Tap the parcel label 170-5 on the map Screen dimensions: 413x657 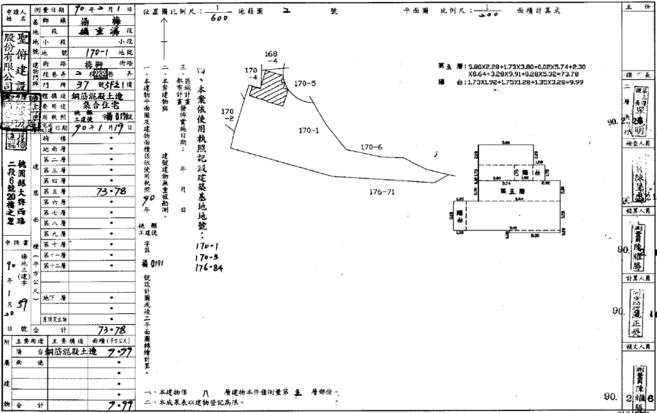point(305,83)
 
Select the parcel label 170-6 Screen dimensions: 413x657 point(371,147)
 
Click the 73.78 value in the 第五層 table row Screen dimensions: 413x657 point(109,191)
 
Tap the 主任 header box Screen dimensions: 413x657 point(638,5)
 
